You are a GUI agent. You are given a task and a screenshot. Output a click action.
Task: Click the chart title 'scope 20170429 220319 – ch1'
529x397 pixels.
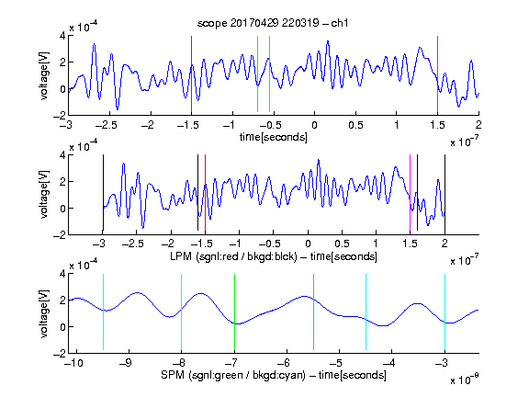click(x=273, y=23)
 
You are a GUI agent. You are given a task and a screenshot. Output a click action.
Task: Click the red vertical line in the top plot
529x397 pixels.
click(x=191, y=74)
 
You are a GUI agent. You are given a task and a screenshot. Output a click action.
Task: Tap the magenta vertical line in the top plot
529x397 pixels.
click(x=437, y=74)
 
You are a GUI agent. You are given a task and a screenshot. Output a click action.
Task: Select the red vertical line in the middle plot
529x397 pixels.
click(x=205, y=193)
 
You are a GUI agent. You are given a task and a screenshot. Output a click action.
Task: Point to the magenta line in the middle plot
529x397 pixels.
click(x=410, y=193)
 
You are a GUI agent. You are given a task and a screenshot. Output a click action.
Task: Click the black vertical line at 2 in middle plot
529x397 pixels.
click(x=445, y=193)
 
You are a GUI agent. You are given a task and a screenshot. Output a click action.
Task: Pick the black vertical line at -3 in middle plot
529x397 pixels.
click(x=103, y=193)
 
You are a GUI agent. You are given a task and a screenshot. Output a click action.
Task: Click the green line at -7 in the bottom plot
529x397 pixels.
click(x=234, y=312)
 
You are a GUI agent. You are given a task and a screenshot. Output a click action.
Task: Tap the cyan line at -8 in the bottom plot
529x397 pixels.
click(x=182, y=312)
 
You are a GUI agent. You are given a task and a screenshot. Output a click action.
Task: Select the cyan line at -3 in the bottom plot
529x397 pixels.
click(x=445, y=312)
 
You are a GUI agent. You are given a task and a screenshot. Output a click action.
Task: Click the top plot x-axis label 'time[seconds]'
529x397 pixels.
click(x=274, y=138)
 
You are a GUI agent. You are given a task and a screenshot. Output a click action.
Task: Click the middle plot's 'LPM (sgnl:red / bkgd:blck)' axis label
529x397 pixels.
click(x=233, y=256)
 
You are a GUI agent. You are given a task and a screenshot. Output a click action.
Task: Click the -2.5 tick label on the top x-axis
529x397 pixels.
click(x=107, y=125)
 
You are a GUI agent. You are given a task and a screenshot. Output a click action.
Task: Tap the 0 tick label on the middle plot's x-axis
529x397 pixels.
click(x=308, y=244)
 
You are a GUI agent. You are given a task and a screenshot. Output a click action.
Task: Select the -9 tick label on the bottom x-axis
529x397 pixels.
click(x=126, y=363)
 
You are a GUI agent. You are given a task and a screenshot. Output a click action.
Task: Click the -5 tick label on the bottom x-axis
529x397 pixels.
click(x=336, y=363)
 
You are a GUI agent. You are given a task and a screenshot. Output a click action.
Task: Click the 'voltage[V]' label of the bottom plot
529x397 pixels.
click(x=44, y=313)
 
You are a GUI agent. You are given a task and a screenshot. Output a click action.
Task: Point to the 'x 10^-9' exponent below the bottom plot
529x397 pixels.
click(x=464, y=380)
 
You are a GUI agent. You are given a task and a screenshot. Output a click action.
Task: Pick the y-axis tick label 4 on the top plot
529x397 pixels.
click(x=62, y=36)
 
